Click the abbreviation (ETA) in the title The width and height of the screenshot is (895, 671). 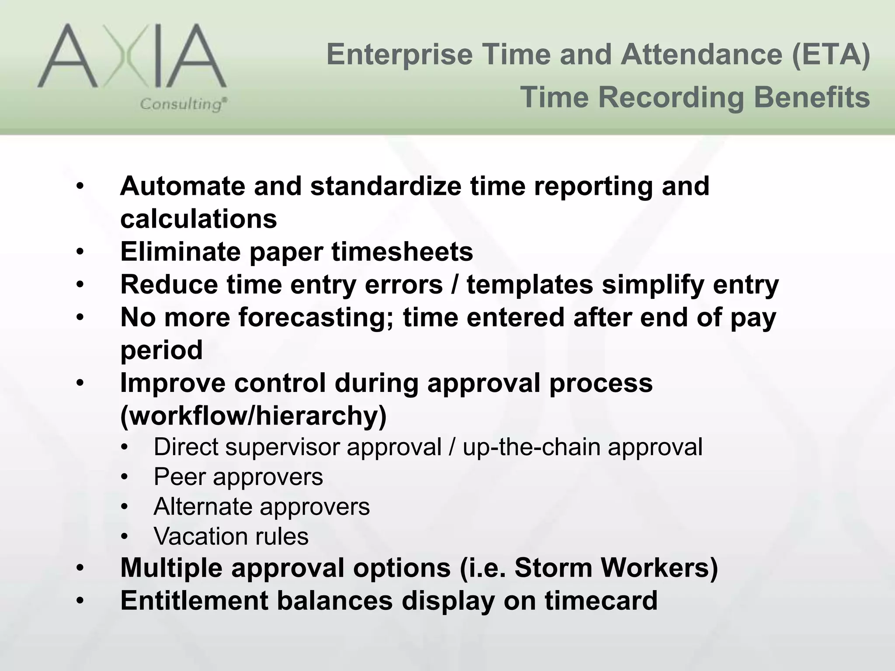point(830,55)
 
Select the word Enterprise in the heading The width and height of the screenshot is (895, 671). point(399,55)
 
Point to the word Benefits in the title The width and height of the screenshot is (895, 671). point(812,97)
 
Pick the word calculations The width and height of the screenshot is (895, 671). point(198,219)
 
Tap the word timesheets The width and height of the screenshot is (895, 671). point(402,252)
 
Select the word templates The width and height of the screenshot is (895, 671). point(530,285)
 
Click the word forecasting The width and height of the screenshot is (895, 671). point(316,318)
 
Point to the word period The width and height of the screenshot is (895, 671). point(161,350)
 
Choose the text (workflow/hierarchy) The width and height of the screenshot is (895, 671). point(253,416)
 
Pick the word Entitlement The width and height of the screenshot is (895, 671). point(194,601)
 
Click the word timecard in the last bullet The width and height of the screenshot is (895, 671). point(601,601)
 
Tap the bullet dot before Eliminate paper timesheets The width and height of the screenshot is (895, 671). point(80,252)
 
